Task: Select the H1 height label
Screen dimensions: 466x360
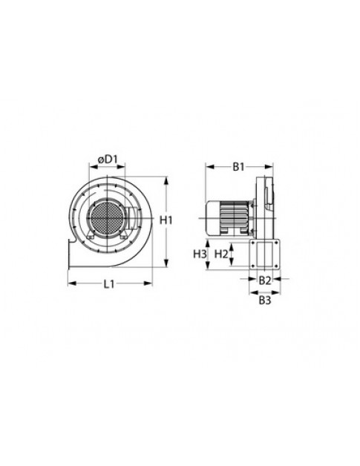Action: [x=166, y=220]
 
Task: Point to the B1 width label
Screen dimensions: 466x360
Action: [x=238, y=168]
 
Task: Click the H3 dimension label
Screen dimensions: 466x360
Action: [x=199, y=255]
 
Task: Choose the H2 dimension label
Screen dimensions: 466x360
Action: [x=220, y=255]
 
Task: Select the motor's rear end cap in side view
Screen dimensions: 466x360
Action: [x=213, y=218]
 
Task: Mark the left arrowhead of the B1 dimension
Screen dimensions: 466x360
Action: [x=207, y=167]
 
